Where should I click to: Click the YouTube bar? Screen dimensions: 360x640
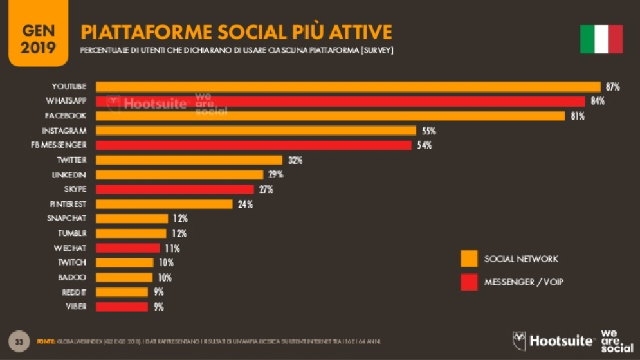coord(348,86)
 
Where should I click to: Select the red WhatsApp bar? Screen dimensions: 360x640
coord(340,101)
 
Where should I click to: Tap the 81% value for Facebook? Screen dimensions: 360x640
coord(577,116)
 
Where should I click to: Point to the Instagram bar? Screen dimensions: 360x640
coord(256,130)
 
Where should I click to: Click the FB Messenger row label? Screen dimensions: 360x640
coord(59,145)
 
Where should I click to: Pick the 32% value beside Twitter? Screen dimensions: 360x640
coord(295,160)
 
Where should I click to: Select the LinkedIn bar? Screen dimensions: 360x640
coord(179,175)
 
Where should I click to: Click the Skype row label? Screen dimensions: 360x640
coord(75,189)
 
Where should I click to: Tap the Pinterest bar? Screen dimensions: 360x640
coord(164,204)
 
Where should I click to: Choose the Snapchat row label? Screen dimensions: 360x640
coord(66,219)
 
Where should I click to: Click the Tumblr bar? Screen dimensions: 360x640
coord(131,233)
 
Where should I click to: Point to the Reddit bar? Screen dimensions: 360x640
coord(122,292)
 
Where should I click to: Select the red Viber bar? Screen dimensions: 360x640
coord(122,307)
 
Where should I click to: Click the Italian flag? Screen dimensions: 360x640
coord(601,39)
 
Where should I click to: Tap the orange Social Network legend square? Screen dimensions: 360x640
coord(469,259)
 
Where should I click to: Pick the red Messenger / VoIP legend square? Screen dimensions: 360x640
coord(469,282)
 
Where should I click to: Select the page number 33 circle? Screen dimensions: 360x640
coord(19,341)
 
